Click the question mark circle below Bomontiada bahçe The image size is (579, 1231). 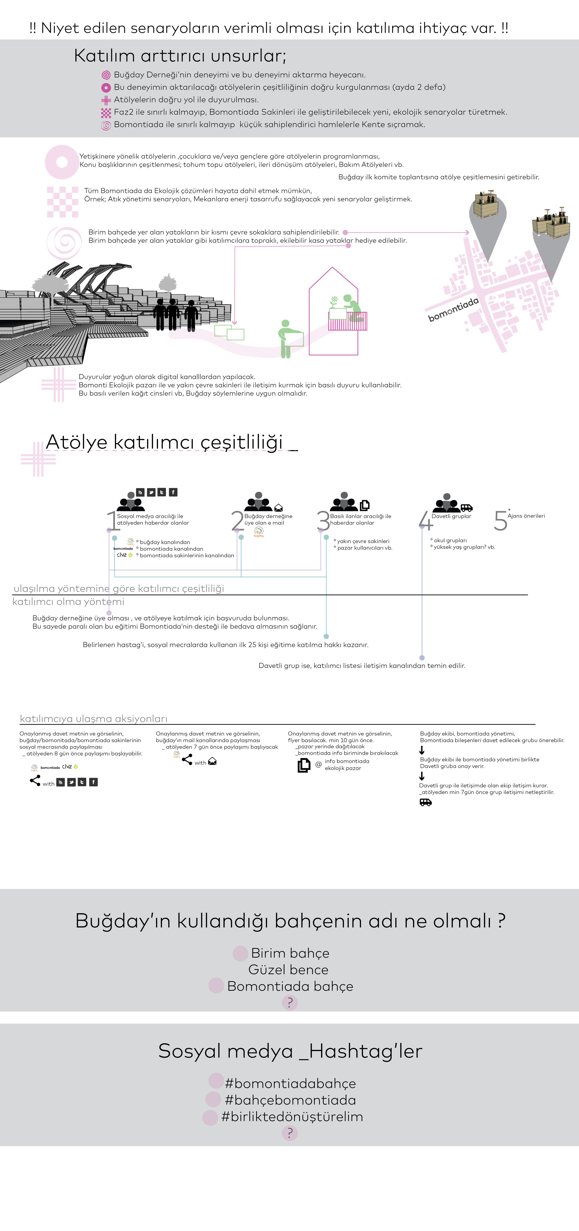pyautogui.click(x=290, y=1002)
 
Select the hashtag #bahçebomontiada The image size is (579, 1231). pyautogui.click(x=290, y=1100)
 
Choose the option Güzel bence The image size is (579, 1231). pyautogui.click(x=288, y=970)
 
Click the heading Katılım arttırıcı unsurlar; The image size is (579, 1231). pyautogui.click(x=180, y=56)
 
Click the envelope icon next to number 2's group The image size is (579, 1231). pyautogui.click(x=278, y=508)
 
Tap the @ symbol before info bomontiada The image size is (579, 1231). pyautogui.click(x=318, y=764)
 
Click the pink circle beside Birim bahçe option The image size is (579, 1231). pyautogui.click(x=240, y=953)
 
